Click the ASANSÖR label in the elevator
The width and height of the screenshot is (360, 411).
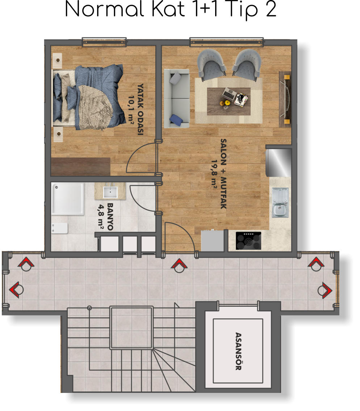tap(238, 351)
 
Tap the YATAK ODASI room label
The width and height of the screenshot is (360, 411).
tap(141, 109)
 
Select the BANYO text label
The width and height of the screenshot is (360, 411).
tap(110, 217)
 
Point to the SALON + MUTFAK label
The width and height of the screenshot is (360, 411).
tap(223, 174)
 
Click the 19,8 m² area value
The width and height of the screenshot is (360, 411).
tap(214, 173)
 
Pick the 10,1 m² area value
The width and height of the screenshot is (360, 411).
tap(131, 109)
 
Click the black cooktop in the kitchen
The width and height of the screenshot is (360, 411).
tap(248, 241)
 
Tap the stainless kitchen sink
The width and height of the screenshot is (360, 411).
tap(280, 203)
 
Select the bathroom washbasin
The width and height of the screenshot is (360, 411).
tap(110, 191)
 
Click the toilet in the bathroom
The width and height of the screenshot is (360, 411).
tap(59, 228)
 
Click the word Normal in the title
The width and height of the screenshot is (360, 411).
tap(104, 9)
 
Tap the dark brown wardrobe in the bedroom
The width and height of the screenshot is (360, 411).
tap(80, 167)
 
